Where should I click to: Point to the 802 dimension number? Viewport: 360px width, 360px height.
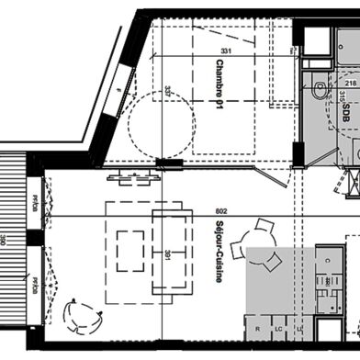(219, 210)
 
